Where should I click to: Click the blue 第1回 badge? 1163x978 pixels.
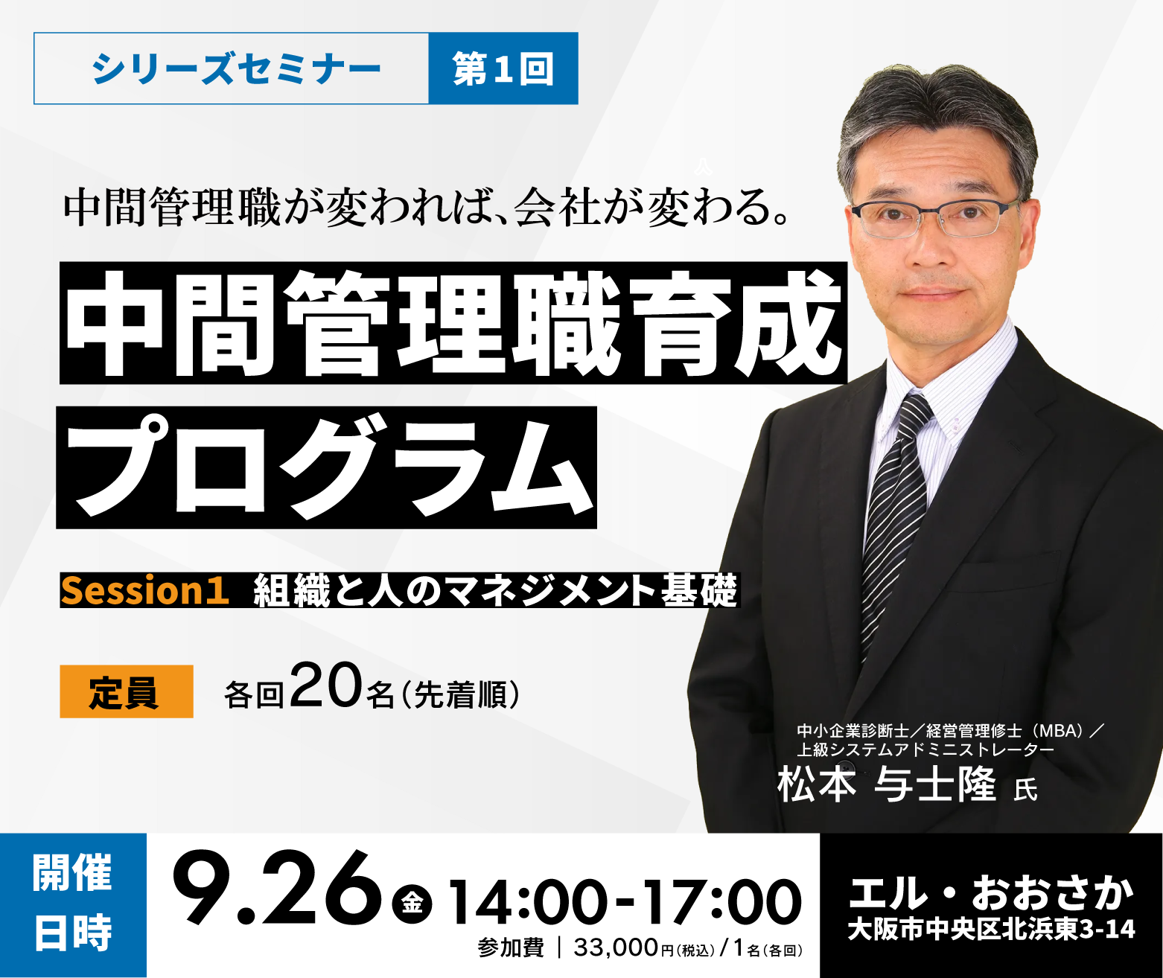pyautogui.click(x=503, y=68)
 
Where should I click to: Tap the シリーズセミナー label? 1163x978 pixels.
pyautogui.click(x=236, y=68)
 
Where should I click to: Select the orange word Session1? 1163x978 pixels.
pyautogui.click(x=145, y=590)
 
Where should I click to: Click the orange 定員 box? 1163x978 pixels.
pyautogui.click(x=127, y=691)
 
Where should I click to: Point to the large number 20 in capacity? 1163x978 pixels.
pyautogui.click(x=326, y=685)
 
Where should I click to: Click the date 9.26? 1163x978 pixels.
pyautogui.click(x=277, y=888)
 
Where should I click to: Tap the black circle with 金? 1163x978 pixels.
pyautogui.click(x=412, y=902)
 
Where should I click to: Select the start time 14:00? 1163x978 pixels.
pyautogui.click(x=527, y=902)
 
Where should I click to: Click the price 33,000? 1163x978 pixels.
pyautogui.click(x=616, y=947)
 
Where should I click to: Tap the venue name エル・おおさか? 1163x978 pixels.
pyautogui.click(x=992, y=893)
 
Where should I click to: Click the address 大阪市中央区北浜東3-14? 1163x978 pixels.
pyautogui.click(x=992, y=929)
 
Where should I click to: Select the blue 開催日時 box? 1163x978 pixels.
pyautogui.click(x=73, y=905)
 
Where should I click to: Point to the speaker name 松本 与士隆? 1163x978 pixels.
pyautogui.click(x=887, y=784)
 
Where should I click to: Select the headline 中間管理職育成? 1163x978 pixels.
pyautogui.click(x=453, y=323)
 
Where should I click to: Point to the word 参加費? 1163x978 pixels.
pyautogui.click(x=511, y=948)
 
